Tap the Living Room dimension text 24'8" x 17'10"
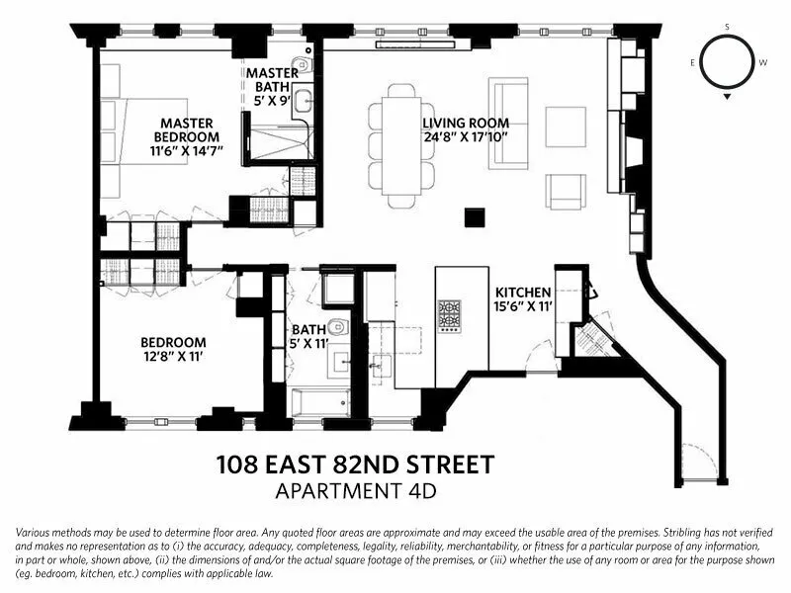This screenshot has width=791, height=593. (466, 139)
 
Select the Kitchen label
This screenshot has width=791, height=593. (522, 293)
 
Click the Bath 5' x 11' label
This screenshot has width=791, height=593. (308, 337)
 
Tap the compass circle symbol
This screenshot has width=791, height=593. (728, 61)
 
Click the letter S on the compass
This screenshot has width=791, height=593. (728, 27)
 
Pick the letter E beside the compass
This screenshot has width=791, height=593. (692, 61)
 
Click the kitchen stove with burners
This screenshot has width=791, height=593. (449, 316)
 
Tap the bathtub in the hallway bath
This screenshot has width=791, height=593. (319, 402)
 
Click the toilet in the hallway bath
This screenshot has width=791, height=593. (335, 327)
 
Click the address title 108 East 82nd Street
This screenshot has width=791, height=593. (354, 464)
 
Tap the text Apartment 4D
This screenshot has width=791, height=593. (354, 489)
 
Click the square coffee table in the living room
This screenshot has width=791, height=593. (566, 127)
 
